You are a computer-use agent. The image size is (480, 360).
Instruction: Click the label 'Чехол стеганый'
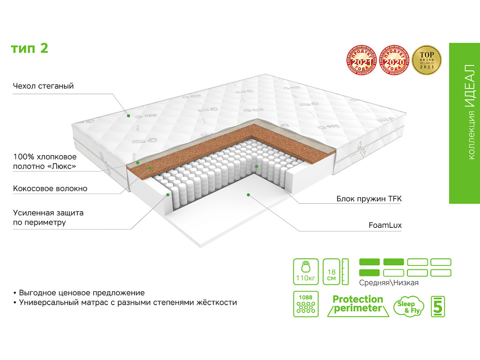[44, 86]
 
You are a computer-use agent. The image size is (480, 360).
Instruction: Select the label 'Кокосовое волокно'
[50, 188]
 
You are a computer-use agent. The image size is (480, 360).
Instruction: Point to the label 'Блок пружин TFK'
[369, 199]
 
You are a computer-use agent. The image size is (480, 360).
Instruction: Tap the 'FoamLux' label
[385, 225]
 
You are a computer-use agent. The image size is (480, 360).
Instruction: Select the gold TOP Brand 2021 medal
[427, 60]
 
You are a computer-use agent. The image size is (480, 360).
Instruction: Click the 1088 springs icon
[306, 304]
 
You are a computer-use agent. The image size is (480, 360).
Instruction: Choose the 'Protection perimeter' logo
[358, 304]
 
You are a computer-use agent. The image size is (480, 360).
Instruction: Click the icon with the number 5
[438, 306]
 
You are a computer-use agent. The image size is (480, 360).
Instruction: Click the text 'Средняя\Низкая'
[389, 283]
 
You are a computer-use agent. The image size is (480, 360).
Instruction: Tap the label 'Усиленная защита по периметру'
[48, 217]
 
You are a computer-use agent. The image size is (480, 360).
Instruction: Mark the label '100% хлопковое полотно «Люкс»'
[45, 161]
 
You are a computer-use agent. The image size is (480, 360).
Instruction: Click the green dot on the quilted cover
[128, 114]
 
